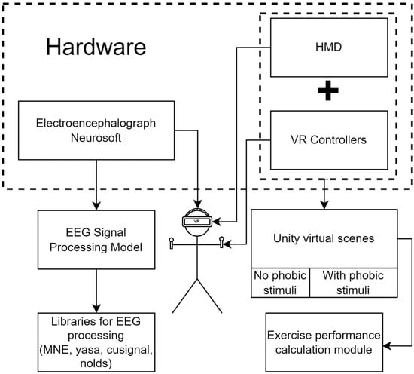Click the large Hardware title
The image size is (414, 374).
coord(96,47)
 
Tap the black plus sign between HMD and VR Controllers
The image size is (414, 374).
coord(328,90)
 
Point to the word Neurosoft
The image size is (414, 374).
coord(96,138)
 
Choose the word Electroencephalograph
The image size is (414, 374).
coord(96,124)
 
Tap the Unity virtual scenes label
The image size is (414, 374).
coord(324,238)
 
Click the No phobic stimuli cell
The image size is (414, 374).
coord(280,283)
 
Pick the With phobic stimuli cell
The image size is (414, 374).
coord(353,283)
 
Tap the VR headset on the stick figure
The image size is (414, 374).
coord(197,221)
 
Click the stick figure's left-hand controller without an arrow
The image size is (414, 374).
coord(172,243)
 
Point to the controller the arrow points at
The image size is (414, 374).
coord(221,242)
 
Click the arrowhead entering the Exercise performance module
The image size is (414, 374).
coord(387,345)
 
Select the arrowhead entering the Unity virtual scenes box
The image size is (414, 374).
coord(324,205)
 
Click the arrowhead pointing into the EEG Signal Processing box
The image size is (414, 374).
coord(96,207)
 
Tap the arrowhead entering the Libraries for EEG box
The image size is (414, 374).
coord(96,308)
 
